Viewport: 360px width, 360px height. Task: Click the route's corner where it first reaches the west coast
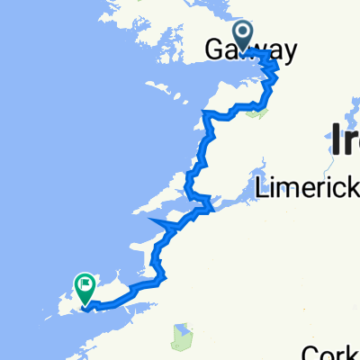point(206,114)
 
